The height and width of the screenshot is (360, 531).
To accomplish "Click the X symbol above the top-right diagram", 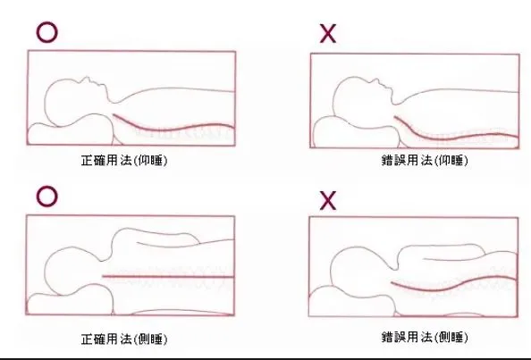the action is coord(328,33).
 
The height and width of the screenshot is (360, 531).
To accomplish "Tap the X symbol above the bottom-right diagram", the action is coord(328,200).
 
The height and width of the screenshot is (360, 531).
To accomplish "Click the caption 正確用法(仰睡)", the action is coord(124,160).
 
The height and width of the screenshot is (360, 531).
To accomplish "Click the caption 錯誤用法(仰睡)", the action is coord(425,160).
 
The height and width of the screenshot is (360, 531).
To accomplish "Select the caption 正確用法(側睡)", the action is coord(124,339).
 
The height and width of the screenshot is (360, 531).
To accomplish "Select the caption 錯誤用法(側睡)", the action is coord(425,337).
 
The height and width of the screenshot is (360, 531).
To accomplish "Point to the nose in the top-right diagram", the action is coord(375,80).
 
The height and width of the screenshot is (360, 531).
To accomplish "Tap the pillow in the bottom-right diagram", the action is coord(352,302).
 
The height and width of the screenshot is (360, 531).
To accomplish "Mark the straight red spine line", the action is coord(168,276).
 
